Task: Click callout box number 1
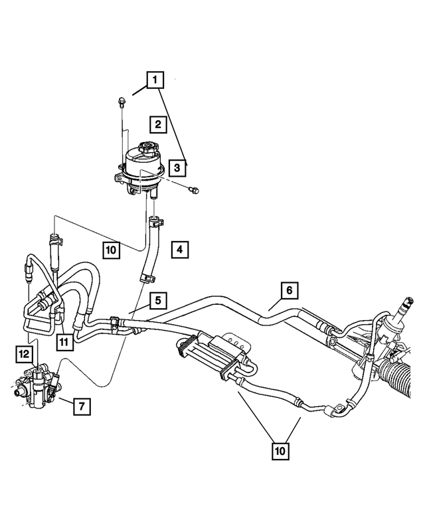point(155,82)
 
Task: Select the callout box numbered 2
point(157,124)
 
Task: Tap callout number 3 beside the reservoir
point(176,168)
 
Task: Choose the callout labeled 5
point(157,300)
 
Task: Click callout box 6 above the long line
point(289,291)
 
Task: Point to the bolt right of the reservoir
point(193,191)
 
